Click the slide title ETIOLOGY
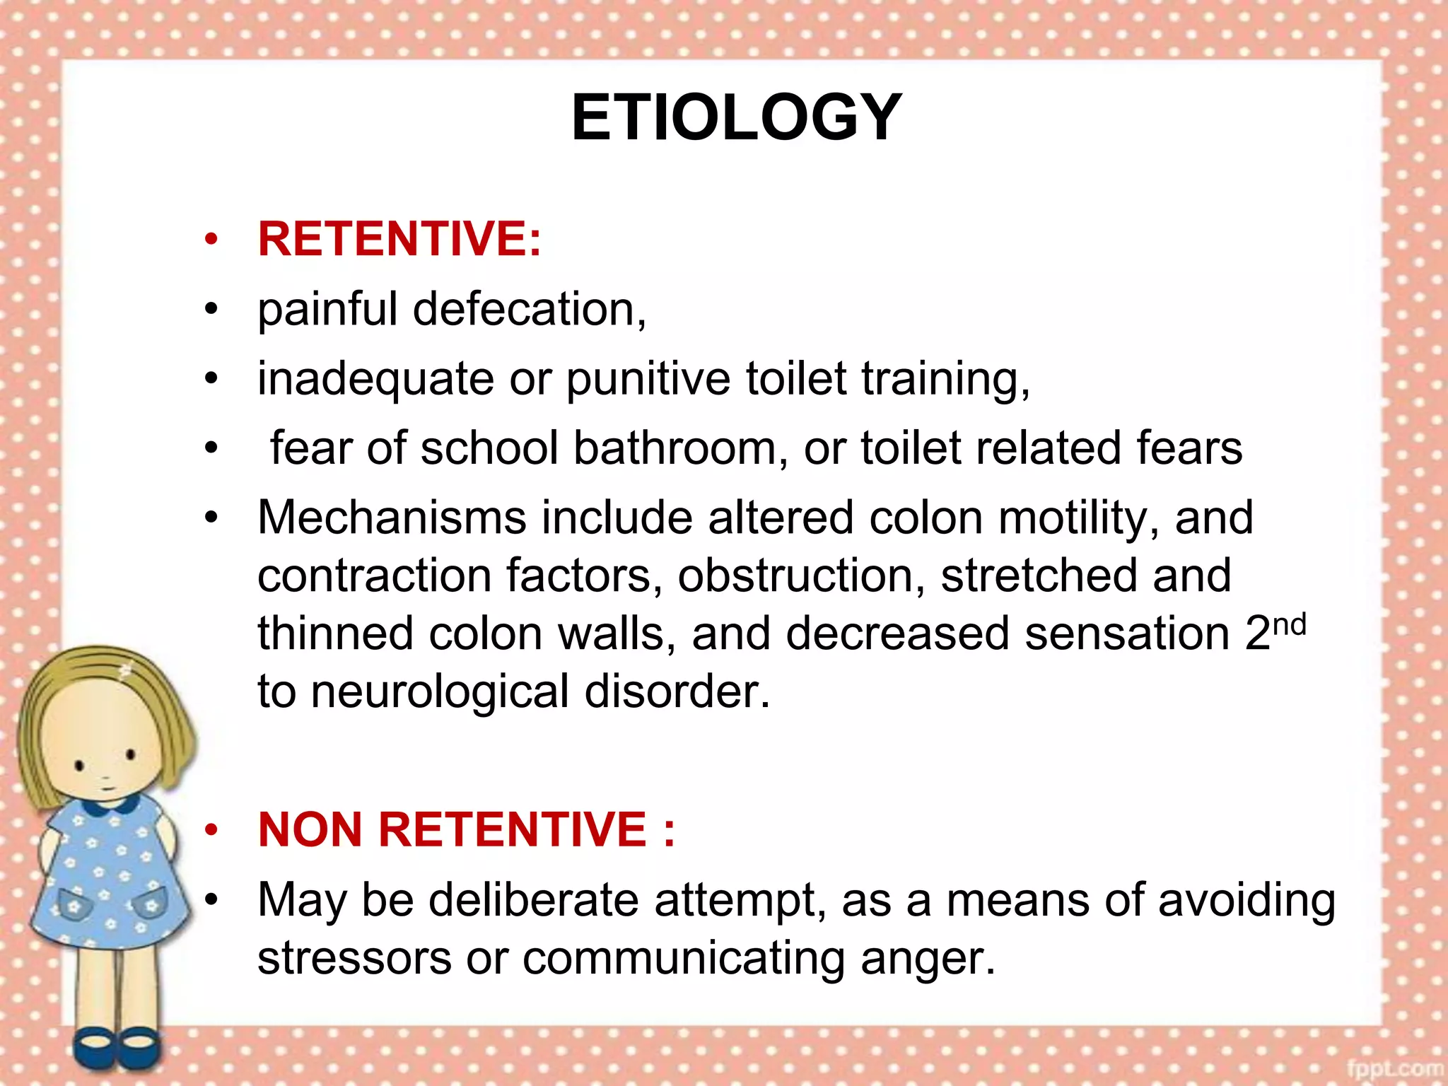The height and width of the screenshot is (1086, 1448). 736,118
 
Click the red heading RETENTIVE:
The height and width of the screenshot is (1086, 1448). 399,239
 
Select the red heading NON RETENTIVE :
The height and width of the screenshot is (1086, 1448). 466,829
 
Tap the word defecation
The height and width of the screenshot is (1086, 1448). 529,310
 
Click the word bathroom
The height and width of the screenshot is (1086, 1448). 675,448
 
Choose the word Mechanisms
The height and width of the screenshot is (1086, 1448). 392,518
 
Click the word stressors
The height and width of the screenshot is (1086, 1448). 354,959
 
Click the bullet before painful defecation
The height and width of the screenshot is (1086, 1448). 211,310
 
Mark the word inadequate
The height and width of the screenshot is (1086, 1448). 375,380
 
